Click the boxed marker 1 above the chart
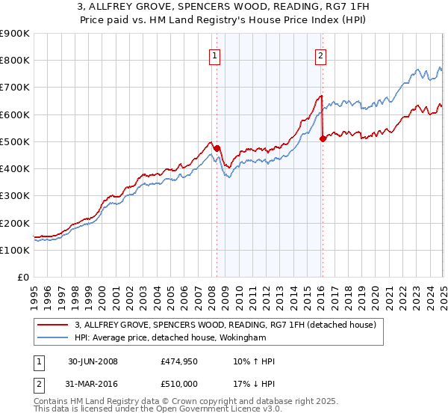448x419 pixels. tap(214, 55)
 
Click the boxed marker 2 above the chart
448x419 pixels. tap(320, 55)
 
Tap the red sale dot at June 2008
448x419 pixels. tap(217, 148)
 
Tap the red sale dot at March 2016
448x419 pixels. tap(323, 138)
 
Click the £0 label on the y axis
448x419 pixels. tap(22, 277)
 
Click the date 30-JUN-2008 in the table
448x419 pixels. tap(93, 361)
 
